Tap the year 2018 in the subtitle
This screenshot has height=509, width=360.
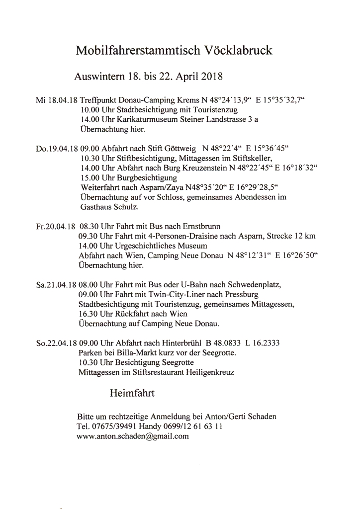(210, 77)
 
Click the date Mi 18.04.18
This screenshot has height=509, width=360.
(56, 100)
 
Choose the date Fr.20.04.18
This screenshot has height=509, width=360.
(56, 226)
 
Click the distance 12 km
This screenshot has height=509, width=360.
(305, 236)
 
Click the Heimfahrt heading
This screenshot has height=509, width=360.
(132, 394)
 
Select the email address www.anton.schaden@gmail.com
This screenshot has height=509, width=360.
(133, 436)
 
